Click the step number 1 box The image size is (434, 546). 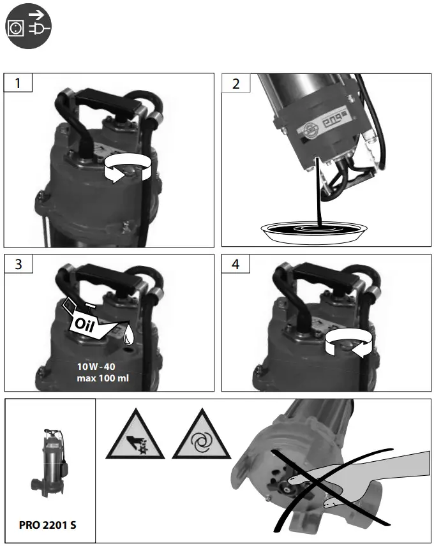coord(19,84)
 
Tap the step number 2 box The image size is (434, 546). coord(236,84)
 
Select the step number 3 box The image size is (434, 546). coord(19,265)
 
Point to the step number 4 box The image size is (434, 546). coord(236,265)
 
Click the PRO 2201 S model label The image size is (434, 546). coord(50,524)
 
